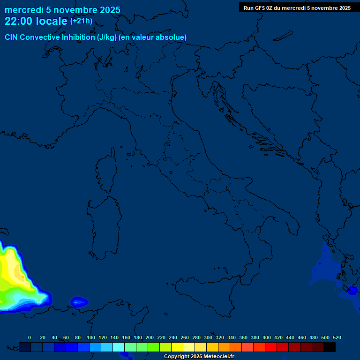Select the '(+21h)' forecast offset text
click(x=81, y=21)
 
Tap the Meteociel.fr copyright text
click(x=199, y=357)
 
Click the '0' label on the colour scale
click(x=30, y=337)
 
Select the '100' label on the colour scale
click(x=91, y=337)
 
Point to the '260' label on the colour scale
click(x=185, y=337)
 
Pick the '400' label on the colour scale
click(x=267, y=337)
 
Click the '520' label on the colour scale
click(x=337, y=337)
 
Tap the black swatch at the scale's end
click(x=330, y=347)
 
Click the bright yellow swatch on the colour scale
click(x=177, y=347)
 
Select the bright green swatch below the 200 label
click(x=154, y=347)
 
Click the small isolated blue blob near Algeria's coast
click(x=79, y=302)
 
